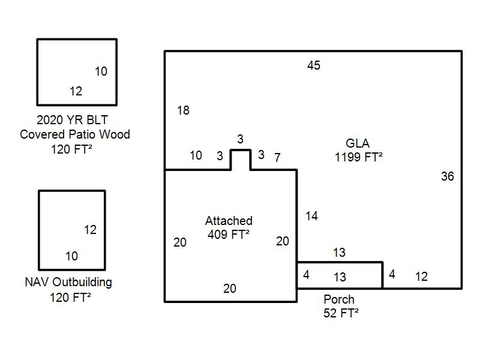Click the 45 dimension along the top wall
point(314,65)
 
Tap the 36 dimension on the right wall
point(448,176)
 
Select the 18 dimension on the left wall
point(184,110)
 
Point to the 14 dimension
point(311,216)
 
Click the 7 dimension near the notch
point(277,158)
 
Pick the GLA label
point(358,144)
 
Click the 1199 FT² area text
point(359,158)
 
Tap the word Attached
point(229,221)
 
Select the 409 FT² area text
point(229,235)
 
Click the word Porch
point(339,299)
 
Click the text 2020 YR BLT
point(73,119)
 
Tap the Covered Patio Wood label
point(75,134)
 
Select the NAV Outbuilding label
point(68,282)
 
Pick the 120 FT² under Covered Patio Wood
point(73,149)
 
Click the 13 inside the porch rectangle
point(340,277)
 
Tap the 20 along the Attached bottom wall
point(230,289)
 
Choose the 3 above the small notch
point(240,139)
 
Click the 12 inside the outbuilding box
point(90,230)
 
